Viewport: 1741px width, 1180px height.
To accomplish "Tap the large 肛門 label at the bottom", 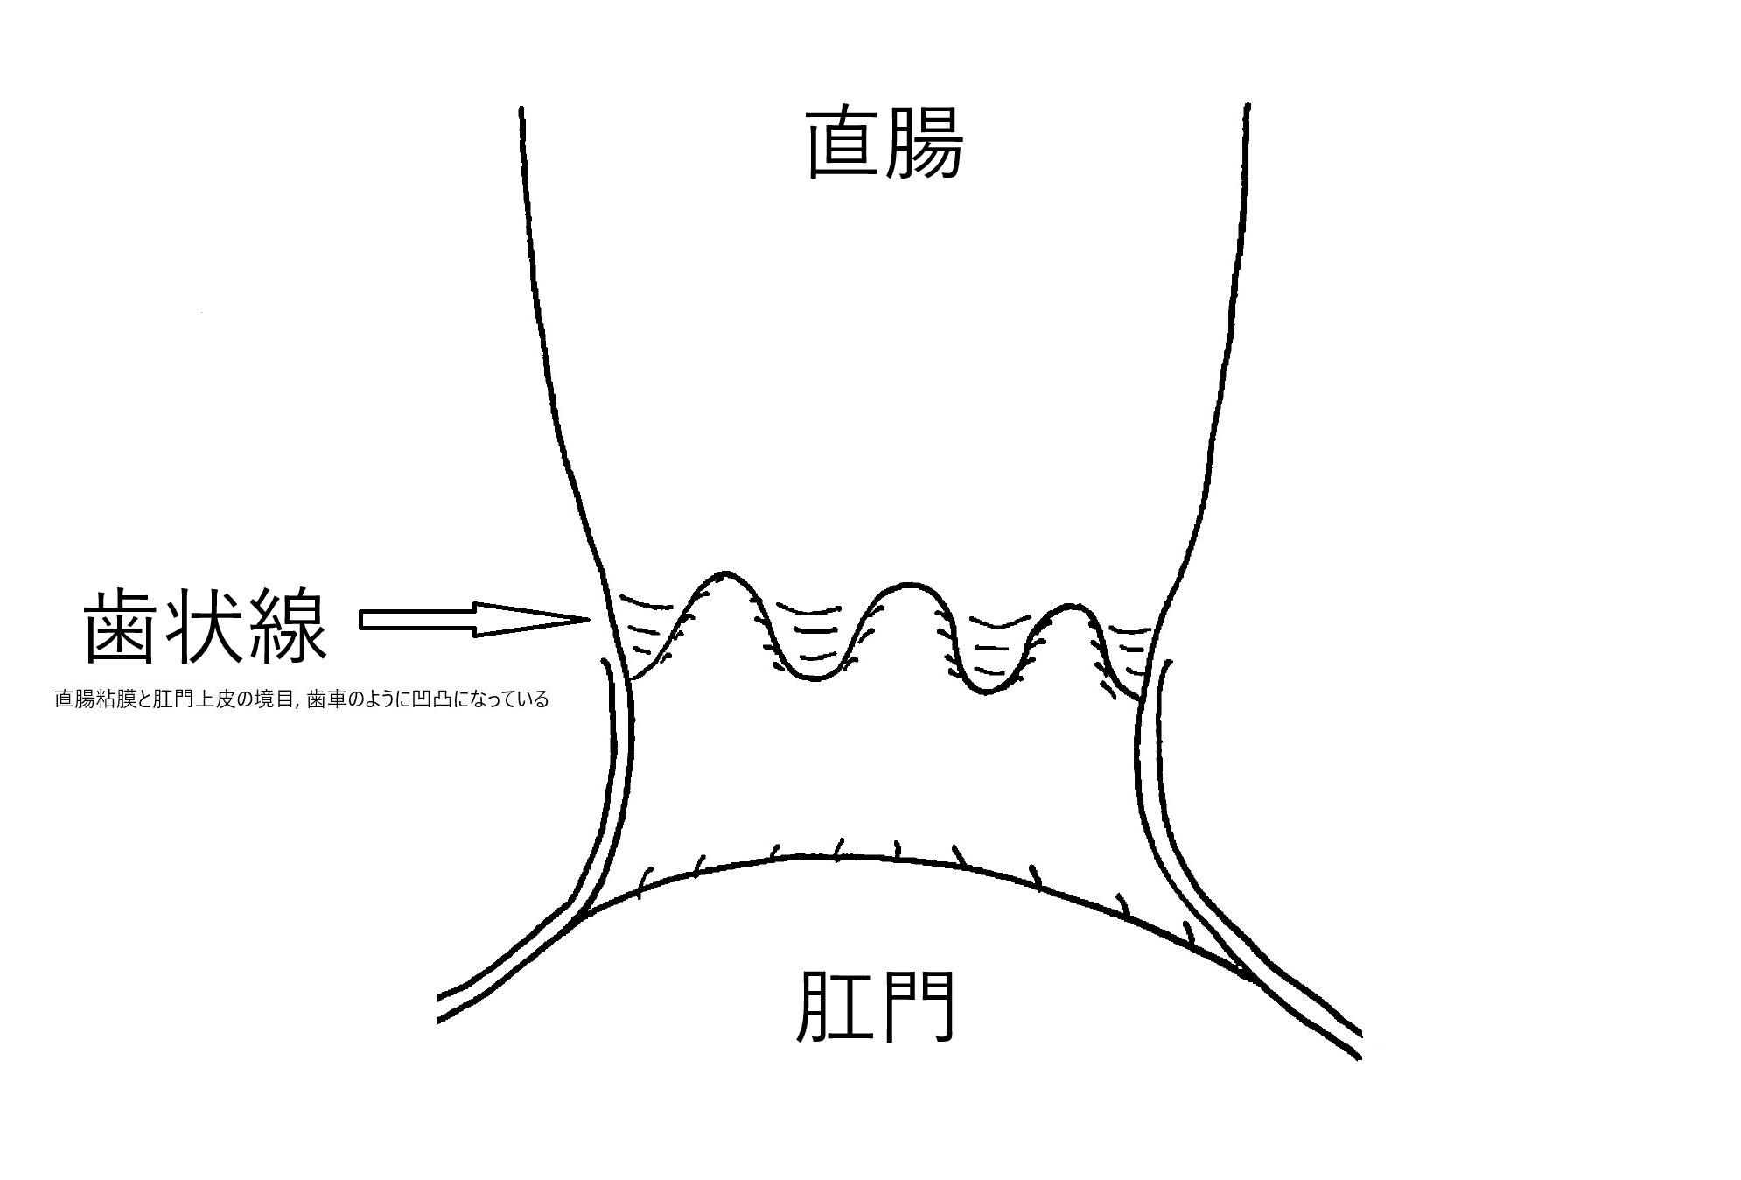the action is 874,1009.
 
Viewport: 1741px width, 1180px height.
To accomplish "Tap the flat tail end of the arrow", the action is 362,620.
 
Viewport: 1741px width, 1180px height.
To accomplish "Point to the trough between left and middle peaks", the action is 815,676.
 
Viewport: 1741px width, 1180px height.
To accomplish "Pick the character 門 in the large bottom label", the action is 915,1009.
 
